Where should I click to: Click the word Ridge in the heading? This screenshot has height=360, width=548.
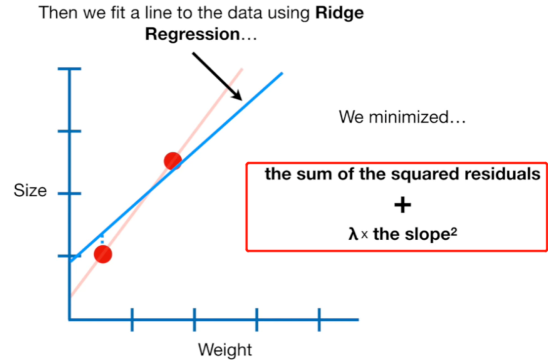pyautogui.click(x=339, y=13)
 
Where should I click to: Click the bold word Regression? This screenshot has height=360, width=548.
pyautogui.click(x=192, y=35)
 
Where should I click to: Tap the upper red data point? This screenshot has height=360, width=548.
pyautogui.click(x=173, y=160)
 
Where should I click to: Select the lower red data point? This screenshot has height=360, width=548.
pyautogui.click(x=102, y=254)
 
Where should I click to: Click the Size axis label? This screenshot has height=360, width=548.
pyautogui.click(x=30, y=191)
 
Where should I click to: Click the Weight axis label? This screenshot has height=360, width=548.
pyautogui.click(x=225, y=349)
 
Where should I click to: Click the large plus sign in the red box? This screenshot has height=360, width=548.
pyautogui.click(x=402, y=205)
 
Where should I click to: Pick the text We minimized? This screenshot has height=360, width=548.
pyautogui.click(x=402, y=118)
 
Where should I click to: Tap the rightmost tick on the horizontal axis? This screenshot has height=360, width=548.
pyautogui.click(x=319, y=319)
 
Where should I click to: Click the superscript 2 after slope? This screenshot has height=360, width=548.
pyautogui.click(x=448, y=232)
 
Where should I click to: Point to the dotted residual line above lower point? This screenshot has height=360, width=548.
pyautogui.click(x=102, y=239)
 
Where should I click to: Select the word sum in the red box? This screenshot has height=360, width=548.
pyautogui.click(x=311, y=175)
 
